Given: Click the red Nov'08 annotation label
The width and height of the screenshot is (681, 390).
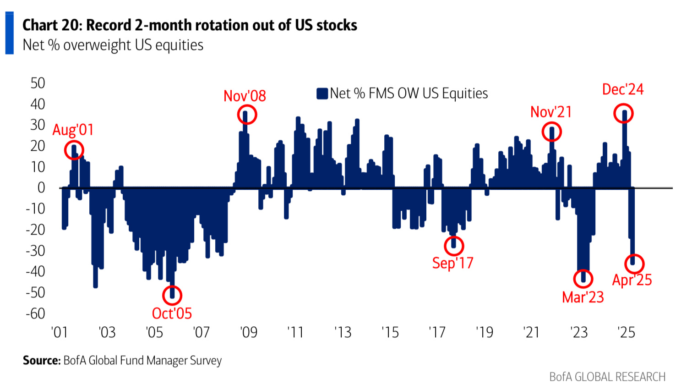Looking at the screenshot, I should [x=245, y=96].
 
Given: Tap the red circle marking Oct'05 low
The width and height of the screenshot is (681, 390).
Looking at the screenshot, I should [x=172, y=295].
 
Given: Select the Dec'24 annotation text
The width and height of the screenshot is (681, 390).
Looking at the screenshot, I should [x=622, y=89].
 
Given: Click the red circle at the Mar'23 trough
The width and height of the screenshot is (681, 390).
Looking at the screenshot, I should [x=583, y=278].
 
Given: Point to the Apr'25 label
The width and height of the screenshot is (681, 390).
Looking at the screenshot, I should [x=632, y=280].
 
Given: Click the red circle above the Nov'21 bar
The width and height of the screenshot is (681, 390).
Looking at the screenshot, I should [x=551, y=132].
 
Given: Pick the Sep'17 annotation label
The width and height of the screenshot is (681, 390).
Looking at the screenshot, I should [x=452, y=263].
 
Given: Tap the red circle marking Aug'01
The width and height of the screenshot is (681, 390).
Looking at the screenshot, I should [x=74, y=150].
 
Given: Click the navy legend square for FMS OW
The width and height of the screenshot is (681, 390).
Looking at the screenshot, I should [x=322, y=93].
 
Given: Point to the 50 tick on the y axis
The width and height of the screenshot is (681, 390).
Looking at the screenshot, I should [x=38, y=83].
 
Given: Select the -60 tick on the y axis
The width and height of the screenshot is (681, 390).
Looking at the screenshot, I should [x=35, y=313].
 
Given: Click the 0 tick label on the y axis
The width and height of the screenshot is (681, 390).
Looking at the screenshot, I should [x=41, y=187].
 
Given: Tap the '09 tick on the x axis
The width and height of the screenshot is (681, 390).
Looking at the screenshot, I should [x=249, y=332].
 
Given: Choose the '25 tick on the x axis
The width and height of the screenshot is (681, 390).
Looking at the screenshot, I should [x=626, y=332].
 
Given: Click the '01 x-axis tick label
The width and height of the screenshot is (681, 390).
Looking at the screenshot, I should [x=60, y=332].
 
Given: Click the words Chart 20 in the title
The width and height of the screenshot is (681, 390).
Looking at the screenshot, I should [x=50, y=25].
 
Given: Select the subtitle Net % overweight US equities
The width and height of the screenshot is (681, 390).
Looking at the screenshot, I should [x=113, y=45].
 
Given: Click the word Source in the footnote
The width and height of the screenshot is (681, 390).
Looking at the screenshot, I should [x=42, y=361].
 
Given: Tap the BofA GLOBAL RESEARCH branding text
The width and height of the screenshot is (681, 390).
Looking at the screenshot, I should [x=607, y=377].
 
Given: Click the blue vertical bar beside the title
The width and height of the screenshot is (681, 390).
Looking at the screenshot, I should [x=9, y=33].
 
